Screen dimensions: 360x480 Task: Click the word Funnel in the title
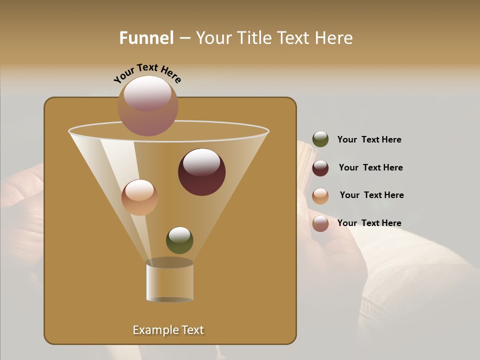tap(146, 38)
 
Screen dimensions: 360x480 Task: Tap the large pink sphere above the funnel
tap(148, 105)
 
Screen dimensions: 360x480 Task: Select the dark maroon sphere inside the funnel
tap(202, 172)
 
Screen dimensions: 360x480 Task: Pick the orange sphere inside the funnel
tap(139, 197)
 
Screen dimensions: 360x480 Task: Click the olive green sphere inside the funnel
tap(179, 240)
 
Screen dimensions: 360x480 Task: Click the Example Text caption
tap(168, 330)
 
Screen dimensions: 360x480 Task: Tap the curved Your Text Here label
tap(147, 73)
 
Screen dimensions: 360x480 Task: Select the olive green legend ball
tap(320, 139)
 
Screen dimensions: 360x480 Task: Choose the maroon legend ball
tap(320, 168)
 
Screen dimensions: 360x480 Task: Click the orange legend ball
tap(320, 196)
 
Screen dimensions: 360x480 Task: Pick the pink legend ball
tap(320, 223)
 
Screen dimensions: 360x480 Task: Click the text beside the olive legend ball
tap(369, 140)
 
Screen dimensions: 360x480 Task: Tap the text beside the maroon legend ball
tap(370, 168)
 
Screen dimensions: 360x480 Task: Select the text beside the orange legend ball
tap(371, 195)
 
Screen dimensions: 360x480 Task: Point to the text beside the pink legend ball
tap(369, 223)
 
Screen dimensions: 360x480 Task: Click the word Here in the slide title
tap(334, 38)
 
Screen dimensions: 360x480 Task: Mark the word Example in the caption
tap(153, 330)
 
